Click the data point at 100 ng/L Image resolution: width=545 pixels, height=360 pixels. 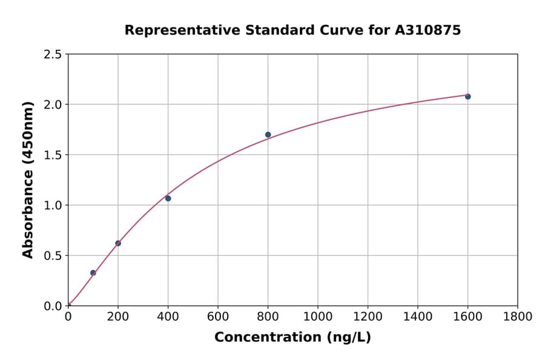click(x=93, y=273)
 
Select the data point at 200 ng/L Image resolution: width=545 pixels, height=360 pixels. click(x=118, y=243)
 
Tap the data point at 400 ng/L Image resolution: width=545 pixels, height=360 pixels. click(x=168, y=198)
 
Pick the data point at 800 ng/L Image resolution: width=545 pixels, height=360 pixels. click(x=268, y=135)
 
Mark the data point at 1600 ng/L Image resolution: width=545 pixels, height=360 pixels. click(x=467, y=96)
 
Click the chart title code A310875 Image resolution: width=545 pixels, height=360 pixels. click(x=428, y=30)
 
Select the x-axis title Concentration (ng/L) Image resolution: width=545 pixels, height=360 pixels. click(x=292, y=338)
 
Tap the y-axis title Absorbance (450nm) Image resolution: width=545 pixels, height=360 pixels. click(x=28, y=180)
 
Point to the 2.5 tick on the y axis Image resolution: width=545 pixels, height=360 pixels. click(x=53, y=55)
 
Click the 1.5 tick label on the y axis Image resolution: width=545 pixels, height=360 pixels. click(x=53, y=155)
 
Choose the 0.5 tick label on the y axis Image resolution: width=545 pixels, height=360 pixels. click(x=53, y=256)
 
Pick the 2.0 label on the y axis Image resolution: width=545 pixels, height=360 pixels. click(x=53, y=105)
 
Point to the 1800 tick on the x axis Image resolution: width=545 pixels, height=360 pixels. click(x=517, y=316)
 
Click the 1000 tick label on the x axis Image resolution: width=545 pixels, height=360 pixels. click(x=317, y=316)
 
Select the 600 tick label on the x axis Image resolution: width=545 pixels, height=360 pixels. click(x=217, y=316)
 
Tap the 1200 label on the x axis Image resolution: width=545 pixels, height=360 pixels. click(x=368, y=316)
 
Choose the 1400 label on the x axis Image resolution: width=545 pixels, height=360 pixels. click(x=417, y=316)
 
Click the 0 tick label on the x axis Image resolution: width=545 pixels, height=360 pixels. click(x=68, y=316)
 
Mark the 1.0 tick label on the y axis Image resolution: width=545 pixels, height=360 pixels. click(x=53, y=205)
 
